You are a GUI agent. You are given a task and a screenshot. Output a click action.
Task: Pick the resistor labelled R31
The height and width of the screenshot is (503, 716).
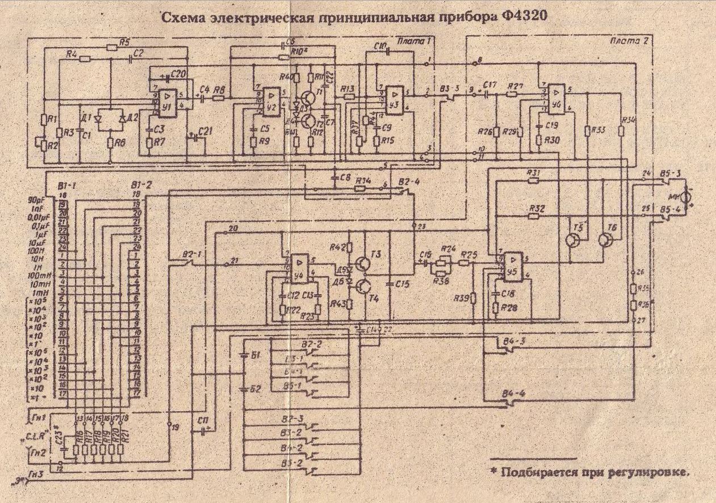[x=533, y=181]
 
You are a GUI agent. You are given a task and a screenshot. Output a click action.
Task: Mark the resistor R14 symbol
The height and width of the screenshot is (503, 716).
[x=362, y=188]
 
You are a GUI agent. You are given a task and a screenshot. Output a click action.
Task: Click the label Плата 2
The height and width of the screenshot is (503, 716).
[x=626, y=41]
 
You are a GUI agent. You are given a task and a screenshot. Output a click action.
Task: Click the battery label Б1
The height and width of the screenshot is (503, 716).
[x=255, y=355]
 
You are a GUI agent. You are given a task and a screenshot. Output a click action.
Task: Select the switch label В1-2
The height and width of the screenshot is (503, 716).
[x=139, y=186]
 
